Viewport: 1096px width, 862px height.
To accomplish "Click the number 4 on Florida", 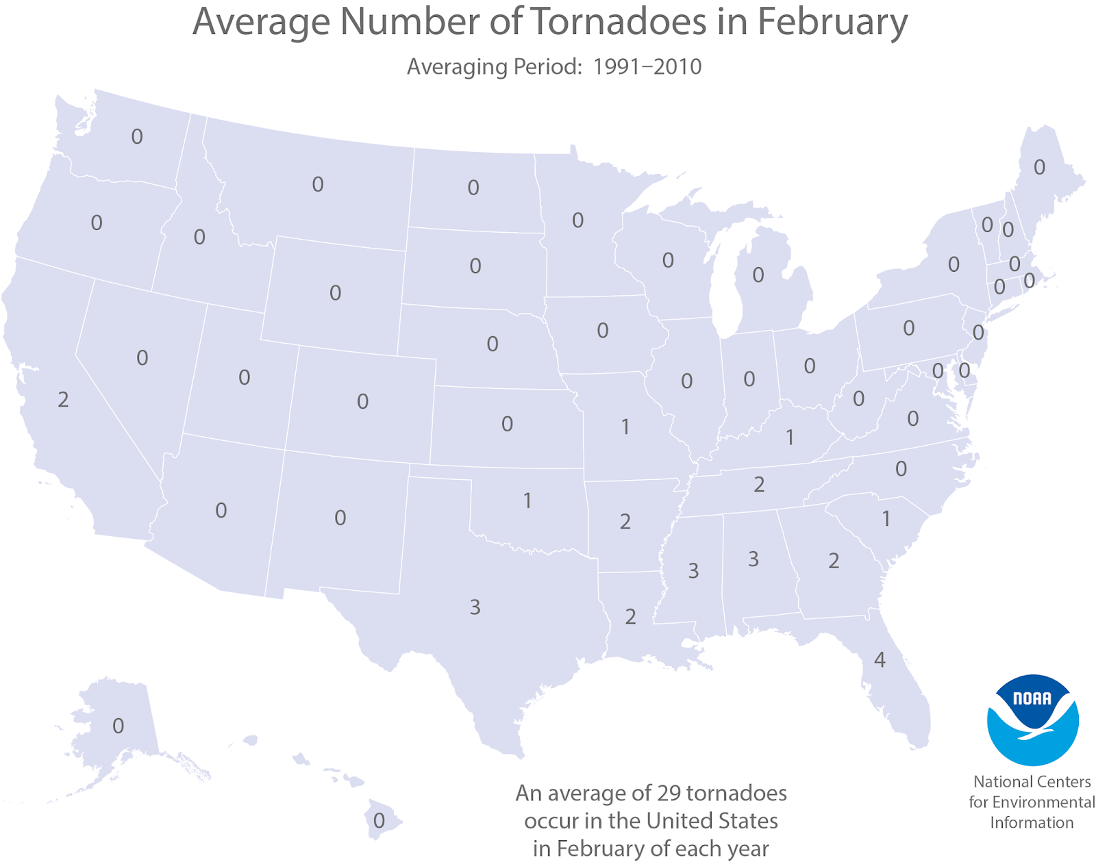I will click(x=880, y=659).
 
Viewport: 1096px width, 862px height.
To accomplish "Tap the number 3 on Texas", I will click(x=475, y=607).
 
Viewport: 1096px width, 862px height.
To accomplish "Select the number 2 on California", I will click(x=63, y=399).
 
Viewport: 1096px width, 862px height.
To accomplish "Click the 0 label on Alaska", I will click(x=119, y=726).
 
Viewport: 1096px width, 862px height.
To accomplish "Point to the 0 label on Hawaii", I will click(x=379, y=820).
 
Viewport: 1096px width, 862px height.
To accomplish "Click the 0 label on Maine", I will click(x=1039, y=167).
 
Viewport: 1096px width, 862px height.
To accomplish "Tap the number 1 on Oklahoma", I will click(x=527, y=500).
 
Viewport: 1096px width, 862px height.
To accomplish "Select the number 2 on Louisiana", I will click(x=630, y=616).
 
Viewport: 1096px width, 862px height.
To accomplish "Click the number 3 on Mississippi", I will click(x=693, y=570).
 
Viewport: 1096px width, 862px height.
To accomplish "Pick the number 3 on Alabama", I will click(x=753, y=559).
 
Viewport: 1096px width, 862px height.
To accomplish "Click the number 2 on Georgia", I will click(x=833, y=561).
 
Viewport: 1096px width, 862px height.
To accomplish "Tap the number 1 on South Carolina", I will click(x=886, y=519).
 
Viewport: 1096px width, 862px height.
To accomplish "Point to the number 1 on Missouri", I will click(x=625, y=427).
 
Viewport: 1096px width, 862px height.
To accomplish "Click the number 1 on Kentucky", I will click(x=789, y=437).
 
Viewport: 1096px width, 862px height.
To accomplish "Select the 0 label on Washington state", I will click(x=137, y=137).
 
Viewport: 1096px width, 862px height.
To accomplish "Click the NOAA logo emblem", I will click(x=1032, y=720).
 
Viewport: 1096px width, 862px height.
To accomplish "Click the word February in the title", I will click(x=832, y=22).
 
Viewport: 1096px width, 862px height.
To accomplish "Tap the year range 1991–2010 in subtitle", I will click(x=647, y=67).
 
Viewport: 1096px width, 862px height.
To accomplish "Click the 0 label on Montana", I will click(x=318, y=184).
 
